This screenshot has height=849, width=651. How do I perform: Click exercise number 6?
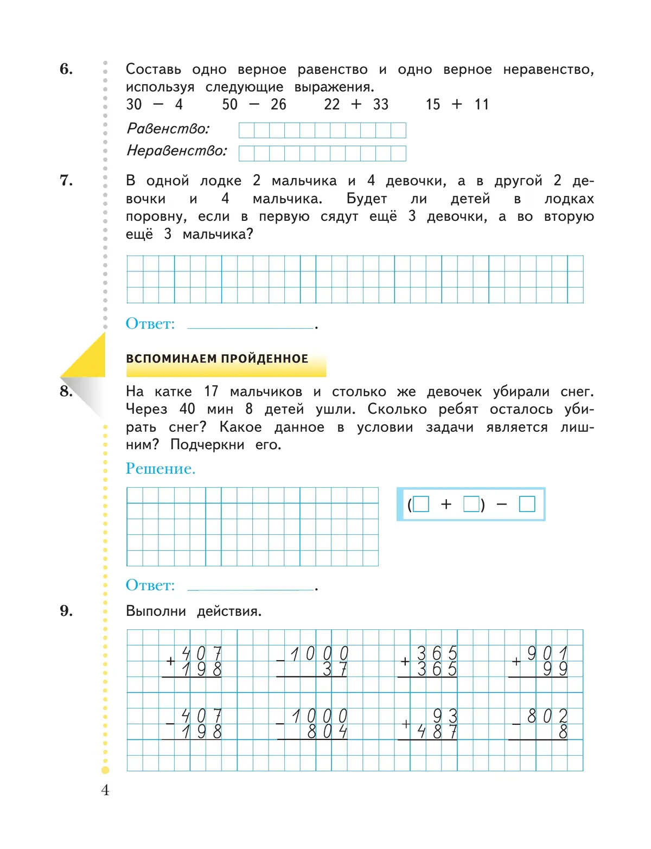click(66, 69)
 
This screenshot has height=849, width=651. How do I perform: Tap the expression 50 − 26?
click(254, 104)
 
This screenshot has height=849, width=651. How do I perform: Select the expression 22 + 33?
click(356, 104)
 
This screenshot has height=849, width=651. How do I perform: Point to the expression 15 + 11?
click(457, 104)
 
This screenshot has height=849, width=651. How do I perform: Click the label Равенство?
click(168, 129)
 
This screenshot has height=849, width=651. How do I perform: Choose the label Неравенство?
click(177, 150)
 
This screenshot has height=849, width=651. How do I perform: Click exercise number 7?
click(66, 180)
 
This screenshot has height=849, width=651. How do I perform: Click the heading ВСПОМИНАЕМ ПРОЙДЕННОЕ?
click(217, 359)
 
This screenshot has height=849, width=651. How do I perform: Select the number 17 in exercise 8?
click(211, 391)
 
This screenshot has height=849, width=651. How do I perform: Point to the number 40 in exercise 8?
click(187, 409)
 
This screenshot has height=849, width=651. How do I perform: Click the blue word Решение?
click(160, 468)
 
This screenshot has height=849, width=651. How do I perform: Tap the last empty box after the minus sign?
click(527, 504)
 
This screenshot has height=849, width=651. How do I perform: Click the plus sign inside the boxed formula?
click(446, 505)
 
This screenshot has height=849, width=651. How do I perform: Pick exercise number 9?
click(66, 611)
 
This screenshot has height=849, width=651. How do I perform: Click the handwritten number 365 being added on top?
click(437, 653)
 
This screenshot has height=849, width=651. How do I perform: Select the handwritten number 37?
click(335, 669)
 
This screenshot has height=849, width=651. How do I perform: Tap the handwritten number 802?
click(547, 716)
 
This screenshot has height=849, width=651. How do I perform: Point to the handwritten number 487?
click(437, 732)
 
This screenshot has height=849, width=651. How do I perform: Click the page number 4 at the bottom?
click(105, 790)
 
